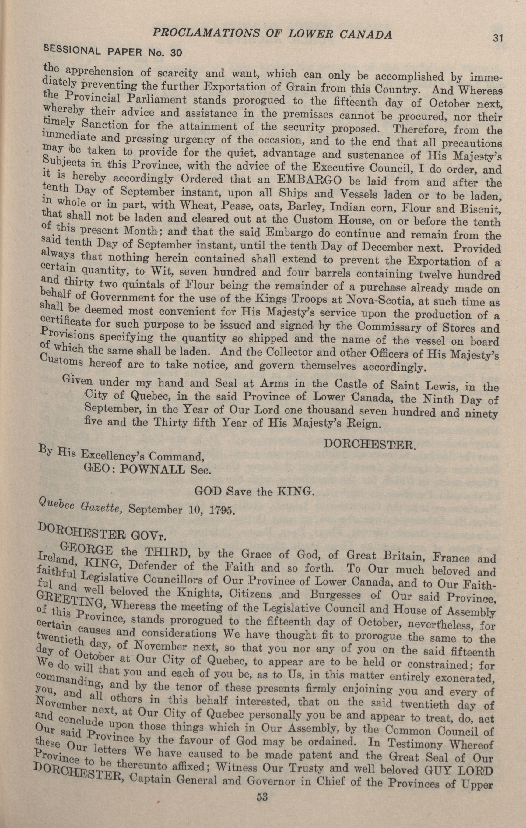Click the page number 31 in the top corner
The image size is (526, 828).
(x=497, y=37)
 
